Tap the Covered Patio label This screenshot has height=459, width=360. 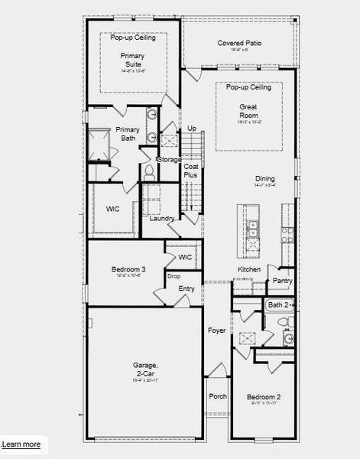(239, 44)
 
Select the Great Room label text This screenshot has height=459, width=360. (248, 112)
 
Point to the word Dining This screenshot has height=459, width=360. (265, 179)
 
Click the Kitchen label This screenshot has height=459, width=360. (249, 270)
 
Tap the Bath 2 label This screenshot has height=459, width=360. (277, 305)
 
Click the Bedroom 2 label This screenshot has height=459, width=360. (264, 397)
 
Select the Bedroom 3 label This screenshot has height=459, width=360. (128, 269)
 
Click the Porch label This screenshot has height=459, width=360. (218, 397)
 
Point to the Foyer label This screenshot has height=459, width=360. (217, 330)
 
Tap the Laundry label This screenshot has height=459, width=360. (162, 218)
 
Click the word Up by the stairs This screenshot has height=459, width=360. (192, 128)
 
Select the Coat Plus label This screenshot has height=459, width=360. (191, 170)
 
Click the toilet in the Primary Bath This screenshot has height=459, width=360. (149, 173)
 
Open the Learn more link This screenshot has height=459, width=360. (22, 444)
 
